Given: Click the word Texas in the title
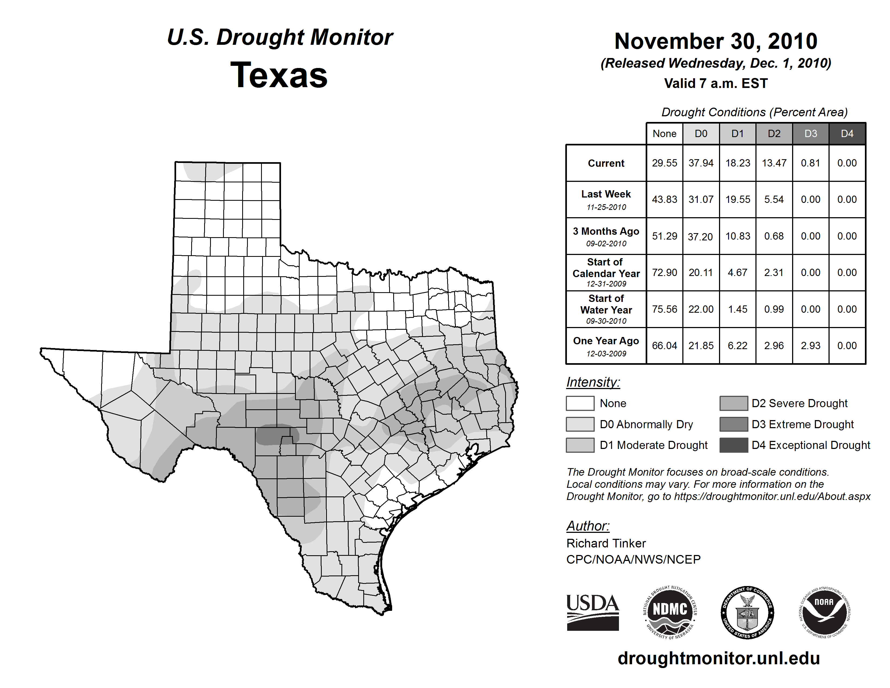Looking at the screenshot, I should (279, 75).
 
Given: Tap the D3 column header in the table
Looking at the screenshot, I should (810, 134).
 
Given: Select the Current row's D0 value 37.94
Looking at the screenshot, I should (701, 163).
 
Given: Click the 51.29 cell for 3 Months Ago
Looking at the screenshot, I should (664, 236).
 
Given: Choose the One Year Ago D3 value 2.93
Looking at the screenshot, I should (810, 346).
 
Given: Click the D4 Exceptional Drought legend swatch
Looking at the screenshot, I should (734, 445).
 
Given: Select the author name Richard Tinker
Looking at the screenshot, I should (606, 543).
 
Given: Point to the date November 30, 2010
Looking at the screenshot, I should (716, 41).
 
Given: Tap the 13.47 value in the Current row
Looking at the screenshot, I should (774, 163).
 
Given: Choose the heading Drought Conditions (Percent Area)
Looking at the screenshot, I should (754, 112).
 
